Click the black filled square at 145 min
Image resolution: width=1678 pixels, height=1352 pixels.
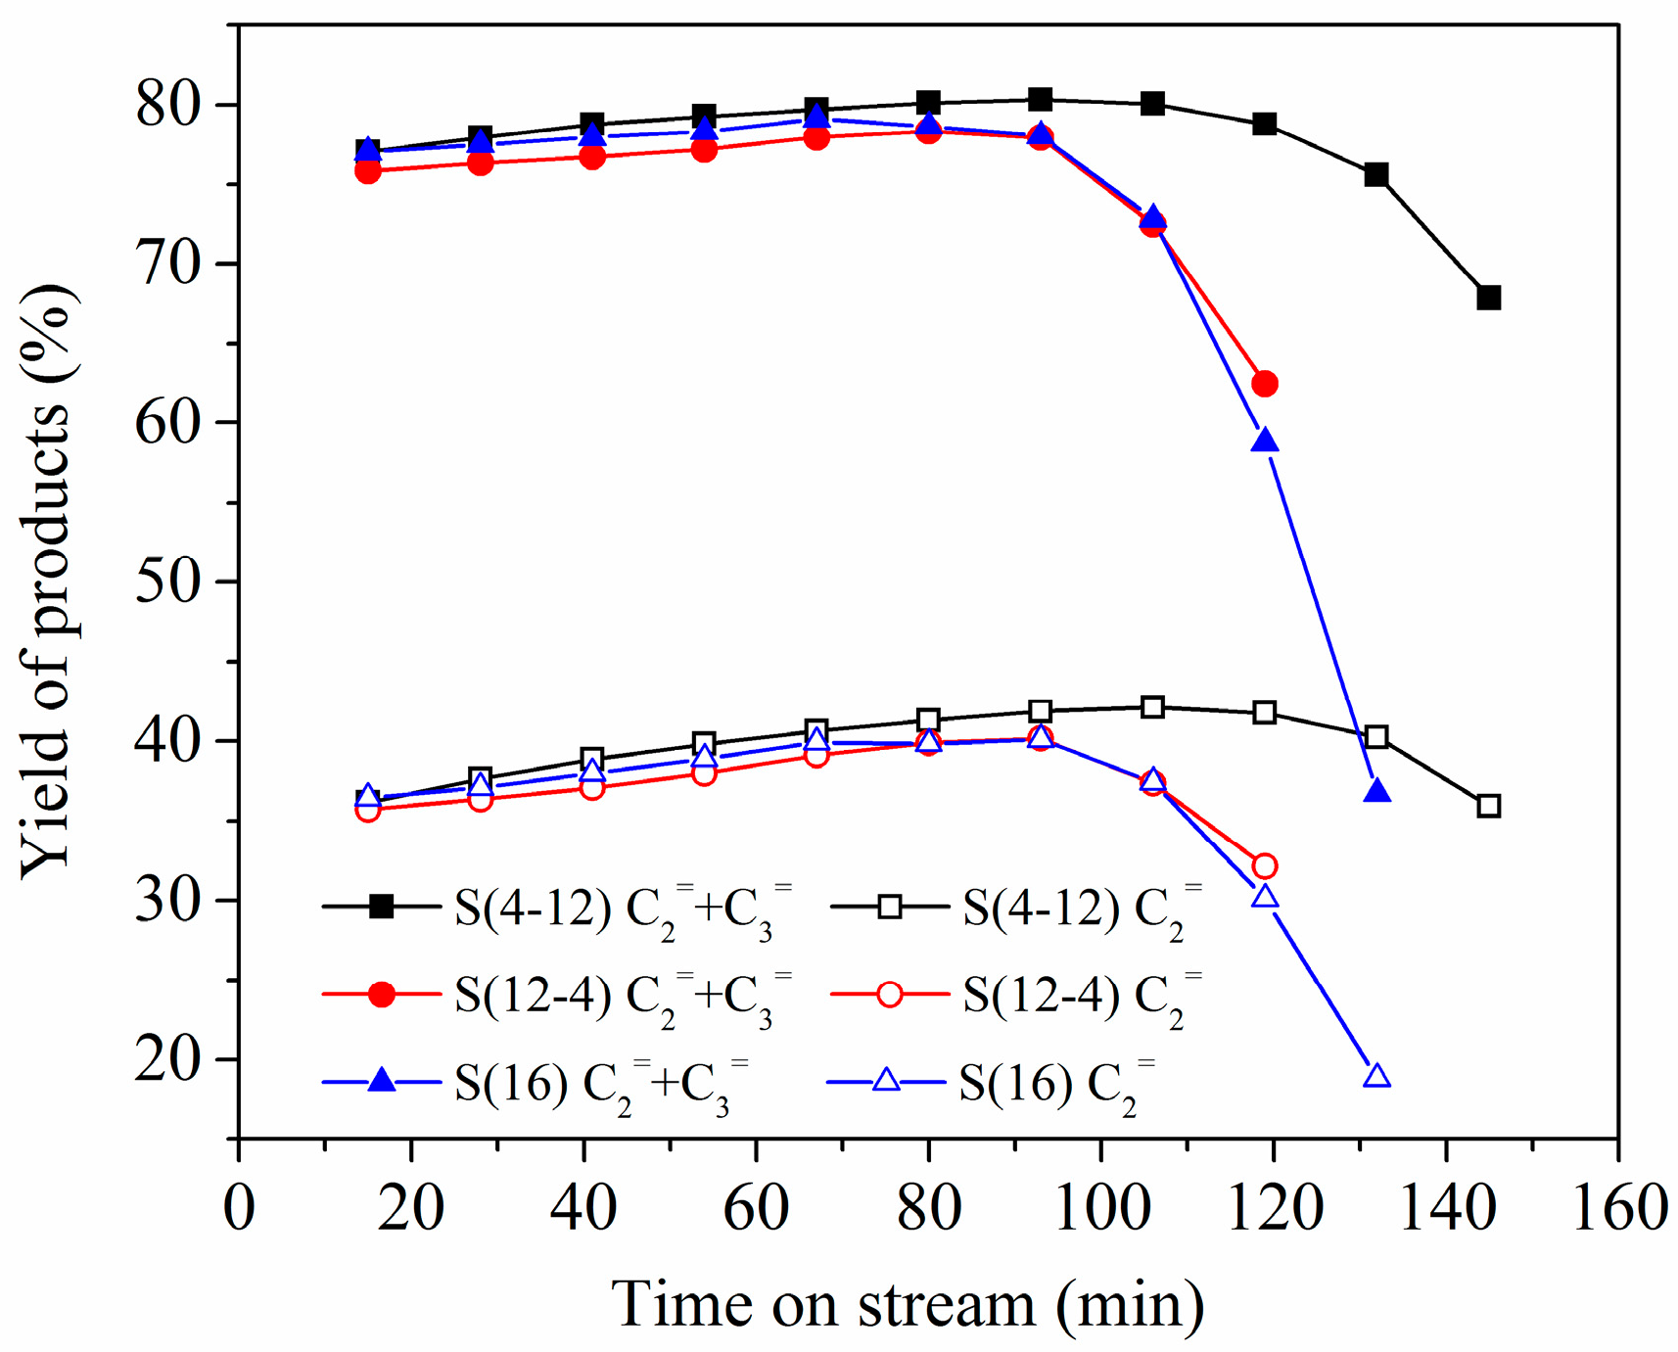(1488, 298)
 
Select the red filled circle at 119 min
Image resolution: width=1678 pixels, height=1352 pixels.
(1265, 384)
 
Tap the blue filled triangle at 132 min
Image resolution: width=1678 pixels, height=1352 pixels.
(1377, 791)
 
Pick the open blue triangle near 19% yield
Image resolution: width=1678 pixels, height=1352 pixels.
(1377, 1077)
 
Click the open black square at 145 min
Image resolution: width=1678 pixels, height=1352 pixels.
(1488, 807)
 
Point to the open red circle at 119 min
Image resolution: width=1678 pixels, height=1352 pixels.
(1265, 866)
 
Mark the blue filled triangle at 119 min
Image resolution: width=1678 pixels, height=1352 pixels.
(1265, 442)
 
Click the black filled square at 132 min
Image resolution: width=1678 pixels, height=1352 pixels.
(1376, 175)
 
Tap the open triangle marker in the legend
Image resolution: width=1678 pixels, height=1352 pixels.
(886, 1081)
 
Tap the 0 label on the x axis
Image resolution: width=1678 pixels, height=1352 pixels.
(239, 1207)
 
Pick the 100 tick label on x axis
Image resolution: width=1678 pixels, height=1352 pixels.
(1101, 1207)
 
